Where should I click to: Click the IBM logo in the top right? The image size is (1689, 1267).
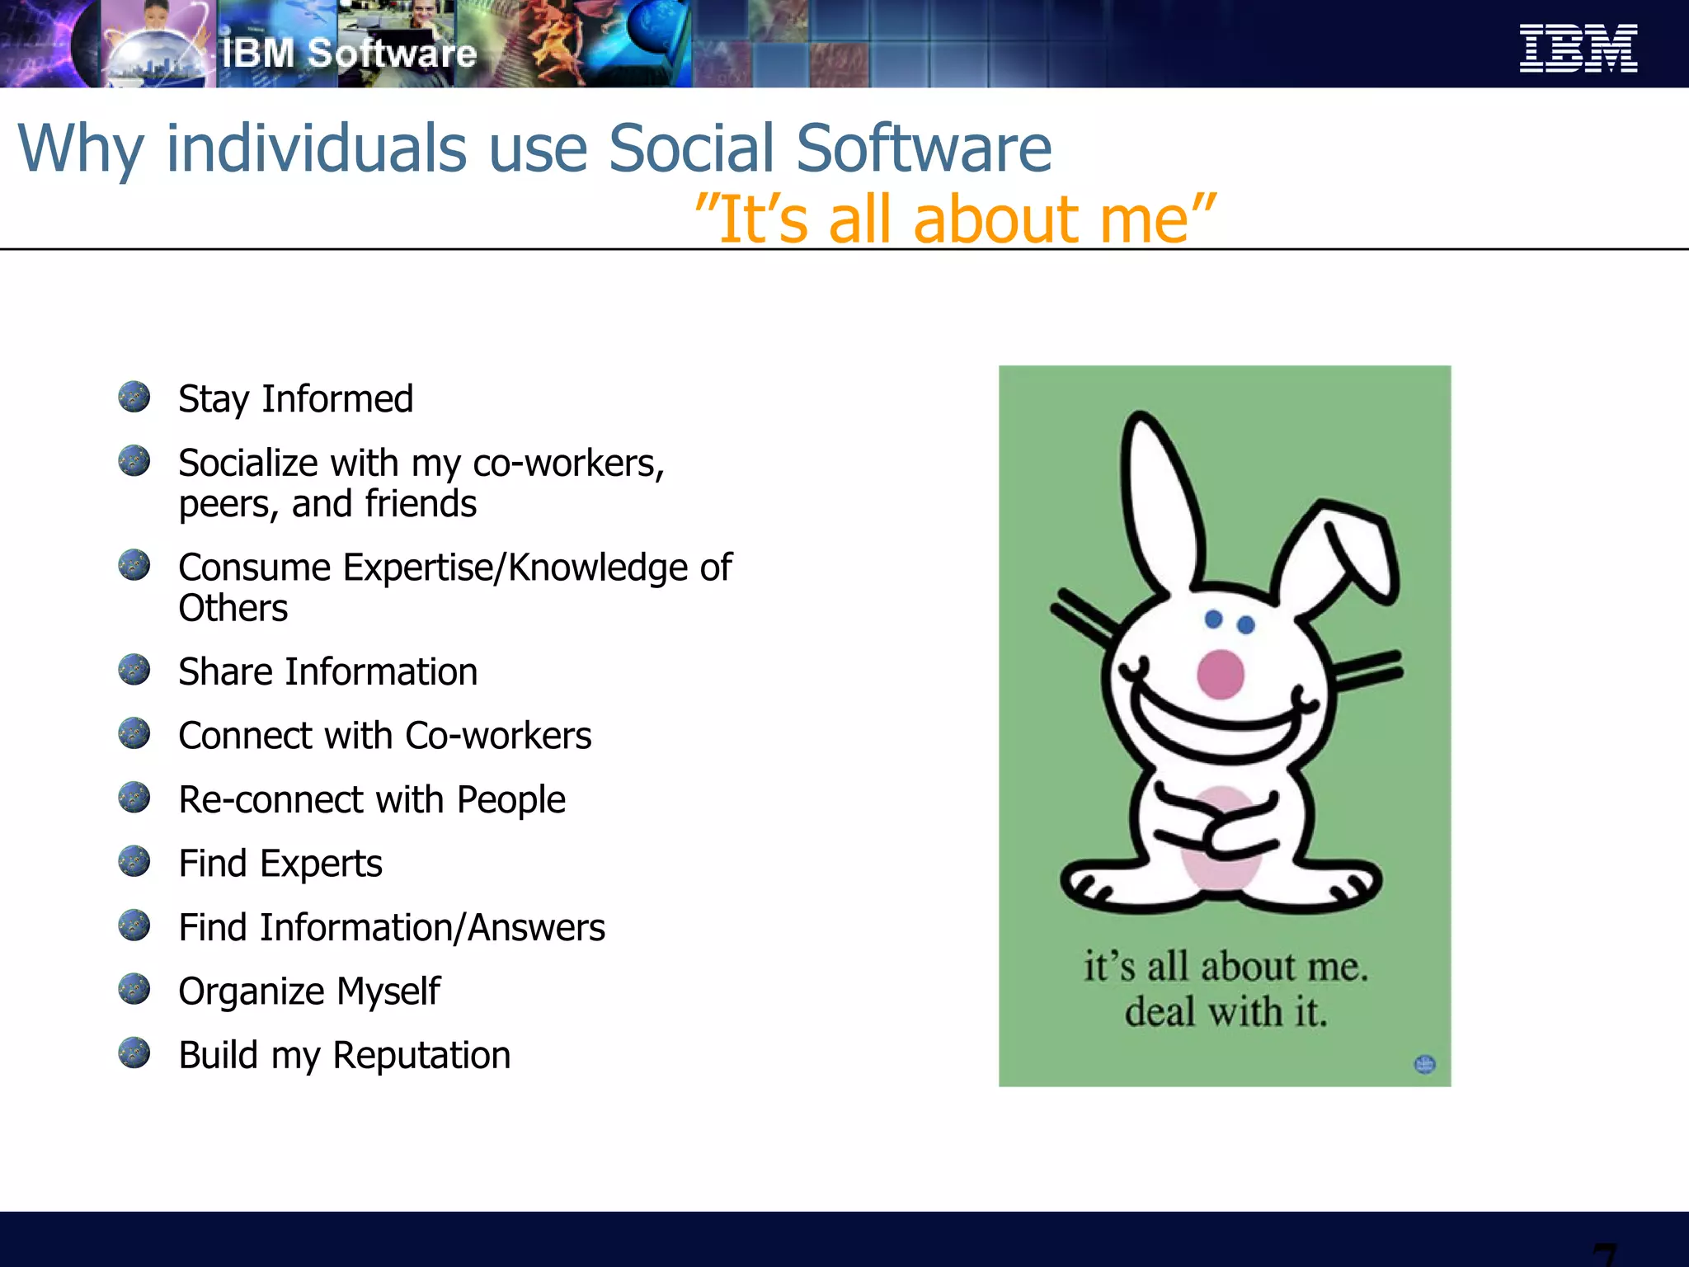[1578, 49]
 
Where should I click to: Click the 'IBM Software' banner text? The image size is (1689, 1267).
[349, 54]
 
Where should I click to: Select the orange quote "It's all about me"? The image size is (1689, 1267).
[955, 219]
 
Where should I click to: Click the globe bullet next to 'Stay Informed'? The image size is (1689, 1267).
[134, 397]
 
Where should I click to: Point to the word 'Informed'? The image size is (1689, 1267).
[337, 399]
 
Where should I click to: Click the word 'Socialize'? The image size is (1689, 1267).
[247, 463]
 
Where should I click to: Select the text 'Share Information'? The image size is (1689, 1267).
[327, 671]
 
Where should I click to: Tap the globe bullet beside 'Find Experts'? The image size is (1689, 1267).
[134, 861]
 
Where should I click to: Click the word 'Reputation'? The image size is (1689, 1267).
[421, 1055]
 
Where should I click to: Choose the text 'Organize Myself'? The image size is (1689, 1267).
[309, 991]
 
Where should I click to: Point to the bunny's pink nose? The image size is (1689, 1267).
[1220, 674]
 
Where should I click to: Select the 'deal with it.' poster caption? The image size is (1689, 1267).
[1226, 1012]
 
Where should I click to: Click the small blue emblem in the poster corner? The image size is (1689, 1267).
[1424, 1064]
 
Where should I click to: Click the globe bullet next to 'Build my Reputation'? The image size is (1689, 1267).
[134, 1053]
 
